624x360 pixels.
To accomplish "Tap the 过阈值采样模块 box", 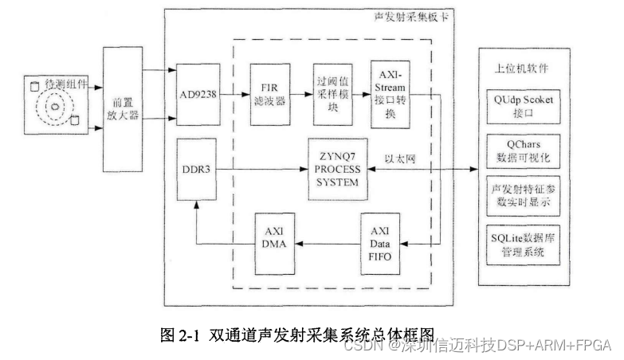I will coord(334,94).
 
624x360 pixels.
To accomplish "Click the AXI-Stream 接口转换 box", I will coord(390,94).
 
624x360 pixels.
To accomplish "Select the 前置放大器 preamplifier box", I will coord(123,107).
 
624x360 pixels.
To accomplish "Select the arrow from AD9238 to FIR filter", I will coord(233,94).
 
